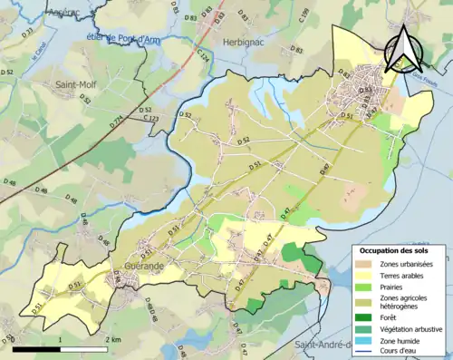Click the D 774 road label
pyautogui.click(x=116, y=119)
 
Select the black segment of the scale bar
pyautogui.click(x=37, y=347)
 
